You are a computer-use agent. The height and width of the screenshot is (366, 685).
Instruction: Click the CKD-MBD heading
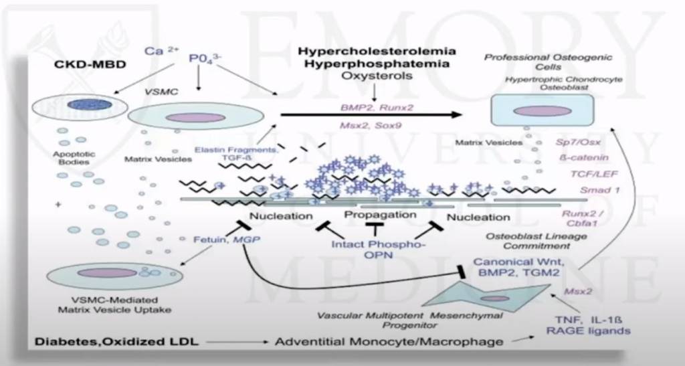[x=92, y=65]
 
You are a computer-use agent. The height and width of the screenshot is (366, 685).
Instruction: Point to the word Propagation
[x=380, y=215]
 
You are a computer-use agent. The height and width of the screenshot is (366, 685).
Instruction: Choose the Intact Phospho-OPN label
[x=378, y=250]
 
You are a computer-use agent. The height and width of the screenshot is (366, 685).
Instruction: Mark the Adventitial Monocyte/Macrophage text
[x=389, y=342]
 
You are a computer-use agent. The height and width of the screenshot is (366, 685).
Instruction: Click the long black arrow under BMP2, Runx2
[x=371, y=114]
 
